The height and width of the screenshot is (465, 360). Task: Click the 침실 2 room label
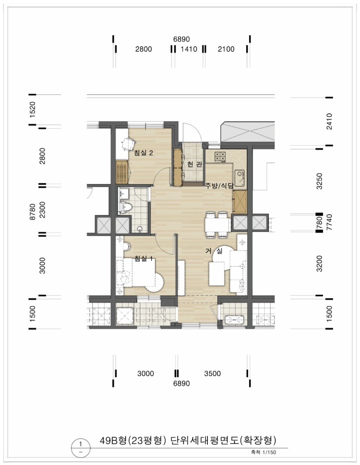click(x=143, y=153)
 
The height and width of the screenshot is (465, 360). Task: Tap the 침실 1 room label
click(x=143, y=259)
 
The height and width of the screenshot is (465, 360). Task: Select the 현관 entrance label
click(x=194, y=164)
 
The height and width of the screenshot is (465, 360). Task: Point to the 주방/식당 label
click(x=219, y=185)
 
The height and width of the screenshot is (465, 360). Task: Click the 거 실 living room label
click(x=214, y=251)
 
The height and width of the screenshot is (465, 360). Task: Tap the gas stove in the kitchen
click(x=220, y=157)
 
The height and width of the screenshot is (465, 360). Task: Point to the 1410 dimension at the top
click(x=189, y=49)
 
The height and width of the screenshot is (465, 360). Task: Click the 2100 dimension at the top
click(x=226, y=49)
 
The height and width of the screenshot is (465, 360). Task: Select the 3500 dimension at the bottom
click(x=212, y=374)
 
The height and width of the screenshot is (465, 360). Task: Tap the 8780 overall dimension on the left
click(x=32, y=212)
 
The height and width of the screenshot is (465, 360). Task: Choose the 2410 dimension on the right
click(x=329, y=121)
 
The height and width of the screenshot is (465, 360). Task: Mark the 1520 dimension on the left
click(x=32, y=109)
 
